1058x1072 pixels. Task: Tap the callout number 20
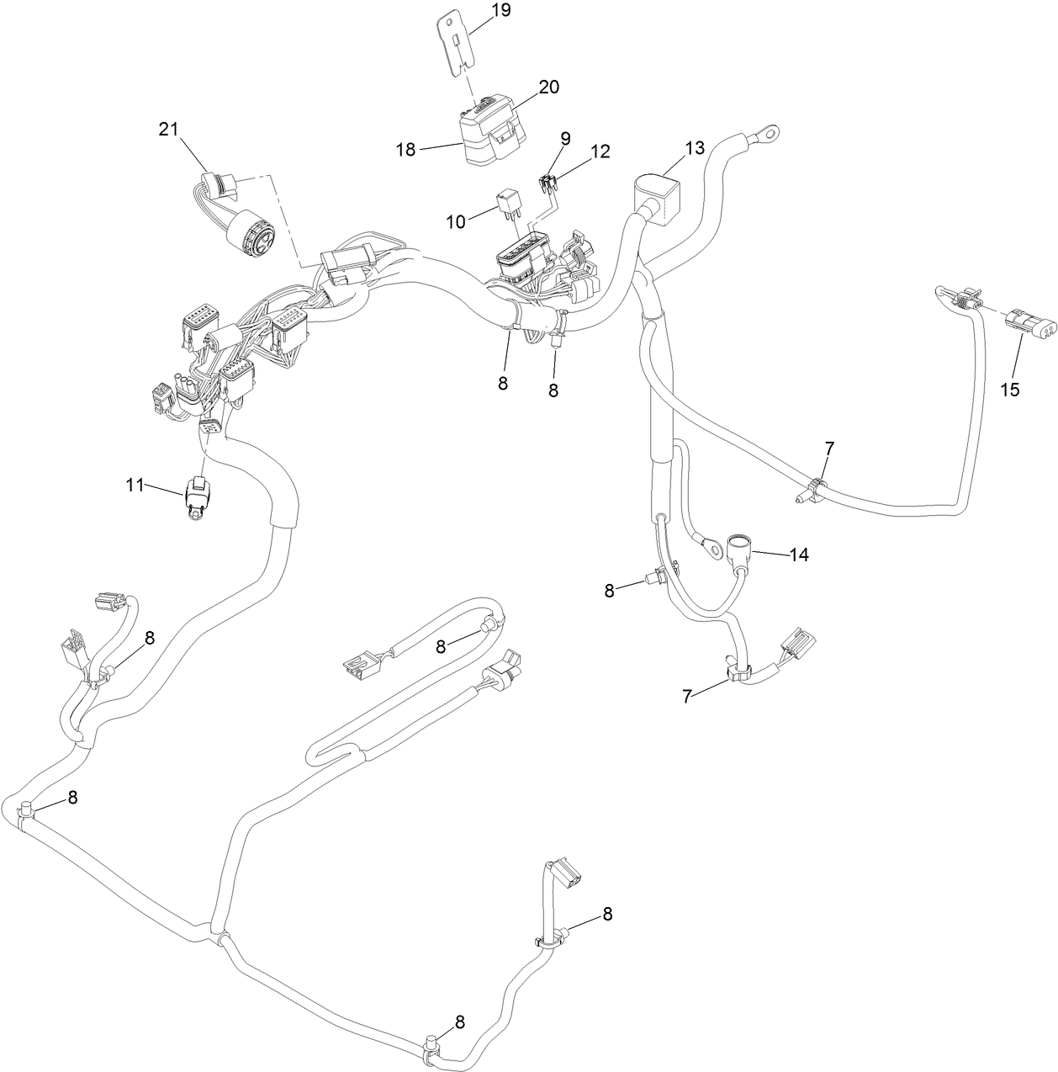coord(548,88)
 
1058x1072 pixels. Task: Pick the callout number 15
coord(1009,390)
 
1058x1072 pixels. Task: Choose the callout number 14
coord(798,555)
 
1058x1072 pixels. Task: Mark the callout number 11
coord(135,485)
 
